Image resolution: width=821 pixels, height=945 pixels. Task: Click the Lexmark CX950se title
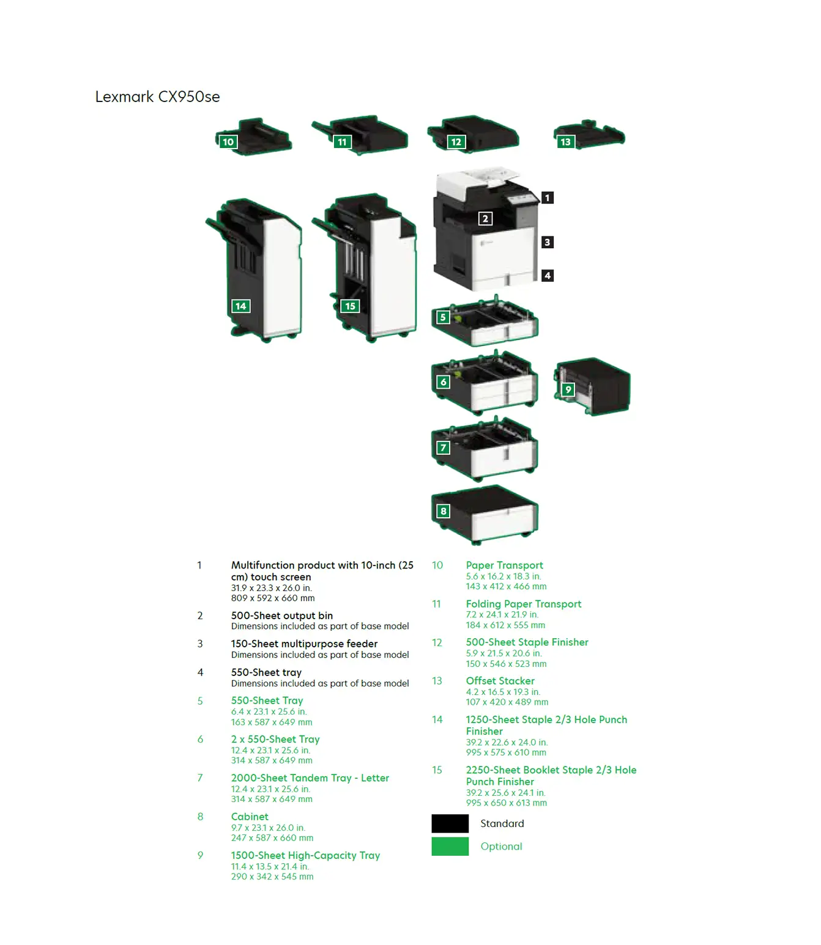tap(157, 97)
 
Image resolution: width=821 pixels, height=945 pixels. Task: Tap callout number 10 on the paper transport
tap(228, 142)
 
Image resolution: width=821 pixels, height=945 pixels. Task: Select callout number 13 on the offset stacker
tap(565, 142)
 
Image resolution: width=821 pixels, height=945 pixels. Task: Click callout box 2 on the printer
tap(485, 218)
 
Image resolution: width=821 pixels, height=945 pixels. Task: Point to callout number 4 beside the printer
tap(548, 276)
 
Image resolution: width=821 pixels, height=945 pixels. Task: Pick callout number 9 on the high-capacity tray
tap(568, 389)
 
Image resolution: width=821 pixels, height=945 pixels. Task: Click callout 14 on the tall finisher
tap(240, 306)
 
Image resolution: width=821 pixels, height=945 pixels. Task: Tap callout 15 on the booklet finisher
tap(350, 306)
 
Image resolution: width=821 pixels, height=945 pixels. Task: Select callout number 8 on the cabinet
tap(444, 511)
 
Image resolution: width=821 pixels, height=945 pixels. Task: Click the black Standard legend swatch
tap(450, 823)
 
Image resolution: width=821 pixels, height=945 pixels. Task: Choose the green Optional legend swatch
tap(450, 846)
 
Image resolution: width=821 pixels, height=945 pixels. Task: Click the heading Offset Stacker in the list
tap(500, 681)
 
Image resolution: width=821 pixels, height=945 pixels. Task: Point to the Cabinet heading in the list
tap(250, 817)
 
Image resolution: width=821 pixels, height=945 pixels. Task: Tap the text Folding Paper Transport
tap(523, 604)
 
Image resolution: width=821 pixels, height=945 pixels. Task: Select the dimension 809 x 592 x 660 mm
tap(273, 598)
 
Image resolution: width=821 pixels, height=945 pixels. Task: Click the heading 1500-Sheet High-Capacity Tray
tap(305, 855)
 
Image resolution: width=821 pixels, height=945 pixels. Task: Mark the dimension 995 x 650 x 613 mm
tap(506, 803)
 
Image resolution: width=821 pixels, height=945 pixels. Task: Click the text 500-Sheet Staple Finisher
tap(527, 642)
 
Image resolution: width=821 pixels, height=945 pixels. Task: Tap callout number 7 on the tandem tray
tap(444, 448)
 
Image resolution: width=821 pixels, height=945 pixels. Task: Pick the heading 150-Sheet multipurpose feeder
tap(304, 644)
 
